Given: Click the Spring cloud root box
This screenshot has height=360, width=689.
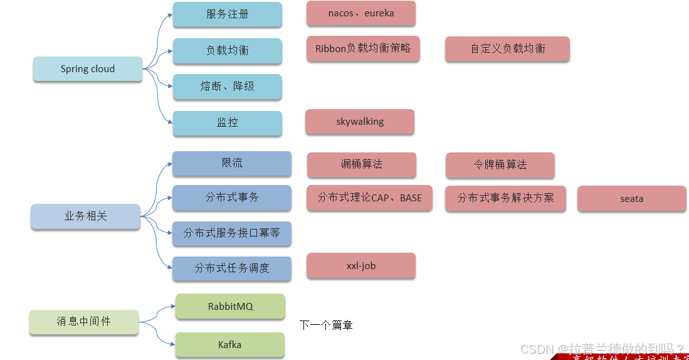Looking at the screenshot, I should coord(88,69).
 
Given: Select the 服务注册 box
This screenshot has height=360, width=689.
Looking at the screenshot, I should coord(227,14).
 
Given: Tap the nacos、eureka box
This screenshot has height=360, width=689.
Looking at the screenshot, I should coord(360,13).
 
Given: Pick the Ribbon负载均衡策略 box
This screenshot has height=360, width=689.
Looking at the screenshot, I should coord(363,48).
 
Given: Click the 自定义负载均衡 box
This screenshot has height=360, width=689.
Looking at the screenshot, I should coord(507,48).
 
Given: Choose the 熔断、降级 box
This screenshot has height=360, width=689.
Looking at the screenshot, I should coord(227,87).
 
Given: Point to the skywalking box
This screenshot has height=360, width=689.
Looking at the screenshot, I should coord(360,122).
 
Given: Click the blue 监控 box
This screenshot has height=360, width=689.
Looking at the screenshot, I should coord(227,123).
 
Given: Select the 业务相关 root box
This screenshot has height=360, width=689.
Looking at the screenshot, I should coord(86,216).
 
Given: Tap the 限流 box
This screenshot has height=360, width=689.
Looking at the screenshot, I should coord(231,163).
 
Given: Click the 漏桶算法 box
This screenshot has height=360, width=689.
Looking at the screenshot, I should coord(361,165).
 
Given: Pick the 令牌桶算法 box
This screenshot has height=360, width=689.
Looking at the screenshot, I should coord(500,165).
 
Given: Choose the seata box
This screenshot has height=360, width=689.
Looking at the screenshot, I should coord(631,199).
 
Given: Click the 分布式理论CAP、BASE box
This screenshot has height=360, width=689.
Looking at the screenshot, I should coord(369,198).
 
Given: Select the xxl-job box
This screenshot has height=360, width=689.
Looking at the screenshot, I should coord(360,266).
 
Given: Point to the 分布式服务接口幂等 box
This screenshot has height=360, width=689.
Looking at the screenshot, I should coord(231,233).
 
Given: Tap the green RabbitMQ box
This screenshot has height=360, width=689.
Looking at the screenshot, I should coord(230,307).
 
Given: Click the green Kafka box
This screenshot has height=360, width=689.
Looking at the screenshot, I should coord(229,345).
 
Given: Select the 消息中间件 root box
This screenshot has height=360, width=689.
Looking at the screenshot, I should coord(84,322).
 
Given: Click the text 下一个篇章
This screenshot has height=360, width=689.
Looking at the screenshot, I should coord(326,326).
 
